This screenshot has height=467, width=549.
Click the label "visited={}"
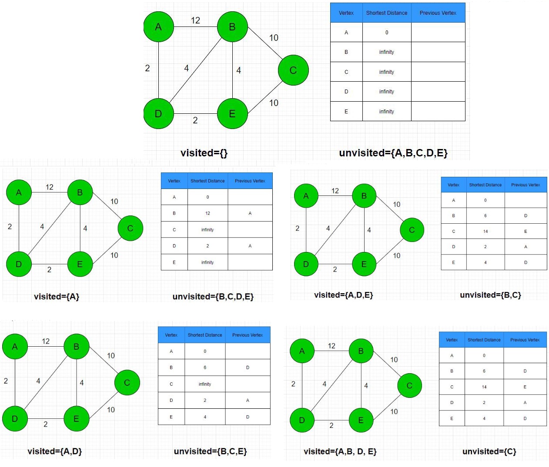(x=204, y=153)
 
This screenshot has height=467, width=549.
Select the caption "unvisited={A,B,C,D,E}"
(x=393, y=153)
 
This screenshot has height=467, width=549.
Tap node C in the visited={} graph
(x=293, y=70)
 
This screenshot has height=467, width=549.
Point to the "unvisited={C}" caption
(x=489, y=451)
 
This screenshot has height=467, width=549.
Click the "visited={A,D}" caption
(x=54, y=451)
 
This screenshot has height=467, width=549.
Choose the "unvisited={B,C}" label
(x=490, y=295)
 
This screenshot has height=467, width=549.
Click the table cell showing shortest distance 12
(x=208, y=213)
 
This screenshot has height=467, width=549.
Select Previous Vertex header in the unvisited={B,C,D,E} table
(x=250, y=181)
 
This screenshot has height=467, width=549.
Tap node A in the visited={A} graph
(x=19, y=192)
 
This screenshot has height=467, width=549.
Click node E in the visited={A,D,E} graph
(x=364, y=264)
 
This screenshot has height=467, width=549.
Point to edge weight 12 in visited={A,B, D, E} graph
(x=331, y=346)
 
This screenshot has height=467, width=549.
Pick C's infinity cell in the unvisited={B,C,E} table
(x=204, y=384)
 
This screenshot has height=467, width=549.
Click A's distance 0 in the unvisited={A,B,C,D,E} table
(x=386, y=33)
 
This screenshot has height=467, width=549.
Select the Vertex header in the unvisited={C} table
(x=452, y=340)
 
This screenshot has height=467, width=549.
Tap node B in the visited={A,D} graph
(x=76, y=347)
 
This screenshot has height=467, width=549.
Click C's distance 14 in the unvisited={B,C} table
(x=485, y=231)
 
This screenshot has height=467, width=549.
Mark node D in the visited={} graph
(x=158, y=113)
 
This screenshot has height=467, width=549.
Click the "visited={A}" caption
(x=57, y=297)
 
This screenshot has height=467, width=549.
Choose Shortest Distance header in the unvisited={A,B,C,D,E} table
(x=386, y=13)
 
